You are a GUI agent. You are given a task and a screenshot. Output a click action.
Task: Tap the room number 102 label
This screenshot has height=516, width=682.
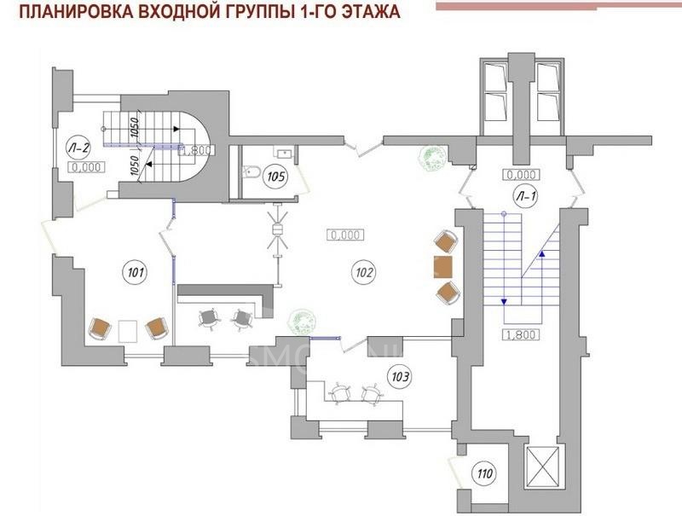363,273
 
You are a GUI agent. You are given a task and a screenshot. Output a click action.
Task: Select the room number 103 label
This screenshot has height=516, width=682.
401,374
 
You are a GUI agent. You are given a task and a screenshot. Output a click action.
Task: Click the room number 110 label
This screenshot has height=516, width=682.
485,474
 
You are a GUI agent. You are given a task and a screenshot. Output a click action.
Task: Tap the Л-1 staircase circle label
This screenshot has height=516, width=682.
523,194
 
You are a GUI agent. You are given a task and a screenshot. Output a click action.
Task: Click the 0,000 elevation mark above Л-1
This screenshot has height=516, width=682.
520,175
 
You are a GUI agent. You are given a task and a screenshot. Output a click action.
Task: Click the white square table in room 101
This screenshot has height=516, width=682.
128,329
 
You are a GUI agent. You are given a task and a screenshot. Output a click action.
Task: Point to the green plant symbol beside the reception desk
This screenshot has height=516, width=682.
300,321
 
